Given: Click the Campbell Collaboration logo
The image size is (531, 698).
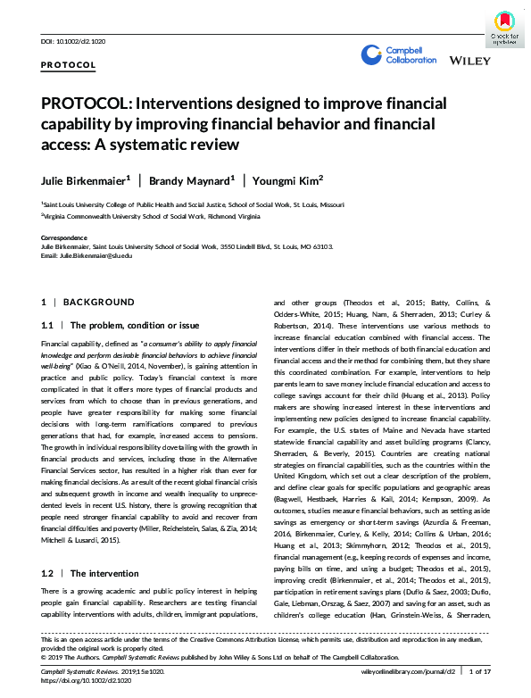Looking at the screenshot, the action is (x=398, y=55).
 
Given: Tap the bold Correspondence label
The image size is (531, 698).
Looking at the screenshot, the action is (x=64, y=237).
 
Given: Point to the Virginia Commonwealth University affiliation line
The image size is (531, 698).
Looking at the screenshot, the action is (x=152, y=217).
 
